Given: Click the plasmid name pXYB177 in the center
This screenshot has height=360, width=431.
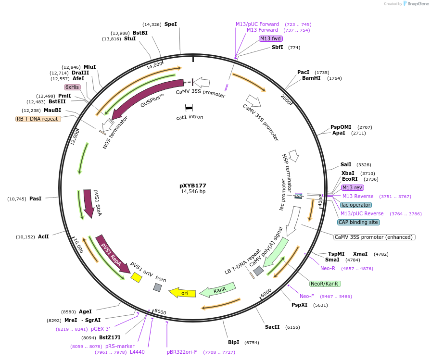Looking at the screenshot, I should click(x=192, y=185).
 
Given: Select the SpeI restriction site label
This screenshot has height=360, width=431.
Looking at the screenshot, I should click(x=171, y=24).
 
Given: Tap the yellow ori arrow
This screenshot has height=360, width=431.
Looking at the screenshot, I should click(x=182, y=292).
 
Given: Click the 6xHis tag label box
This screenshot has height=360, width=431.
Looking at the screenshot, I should click(x=72, y=87).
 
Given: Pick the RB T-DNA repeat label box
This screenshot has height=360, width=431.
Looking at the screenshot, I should click(x=38, y=119).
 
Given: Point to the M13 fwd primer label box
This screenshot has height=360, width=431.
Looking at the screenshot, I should click(x=270, y=38).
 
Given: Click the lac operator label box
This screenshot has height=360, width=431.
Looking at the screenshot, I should click(x=355, y=205).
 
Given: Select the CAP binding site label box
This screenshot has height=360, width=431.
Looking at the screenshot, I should click(x=358, y=222).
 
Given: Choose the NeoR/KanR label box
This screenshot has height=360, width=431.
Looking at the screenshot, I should click(x=325, y=283).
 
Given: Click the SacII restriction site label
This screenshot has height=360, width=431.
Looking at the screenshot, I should click(x=272, y=327).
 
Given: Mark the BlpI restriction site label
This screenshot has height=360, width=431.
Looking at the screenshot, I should click(x=233, y=342).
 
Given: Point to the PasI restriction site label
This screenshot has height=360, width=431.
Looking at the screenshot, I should click(x=36, y=199).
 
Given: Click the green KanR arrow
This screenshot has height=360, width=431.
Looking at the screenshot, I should click(x=217, y=290).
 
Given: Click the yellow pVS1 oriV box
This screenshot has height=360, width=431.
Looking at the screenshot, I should click(x=137, y=277).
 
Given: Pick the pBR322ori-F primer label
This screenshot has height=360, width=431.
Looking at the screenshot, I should click(x=182, y=352).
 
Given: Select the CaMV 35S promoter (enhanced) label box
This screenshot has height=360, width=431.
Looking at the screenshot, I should click(x=374, y=237).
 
